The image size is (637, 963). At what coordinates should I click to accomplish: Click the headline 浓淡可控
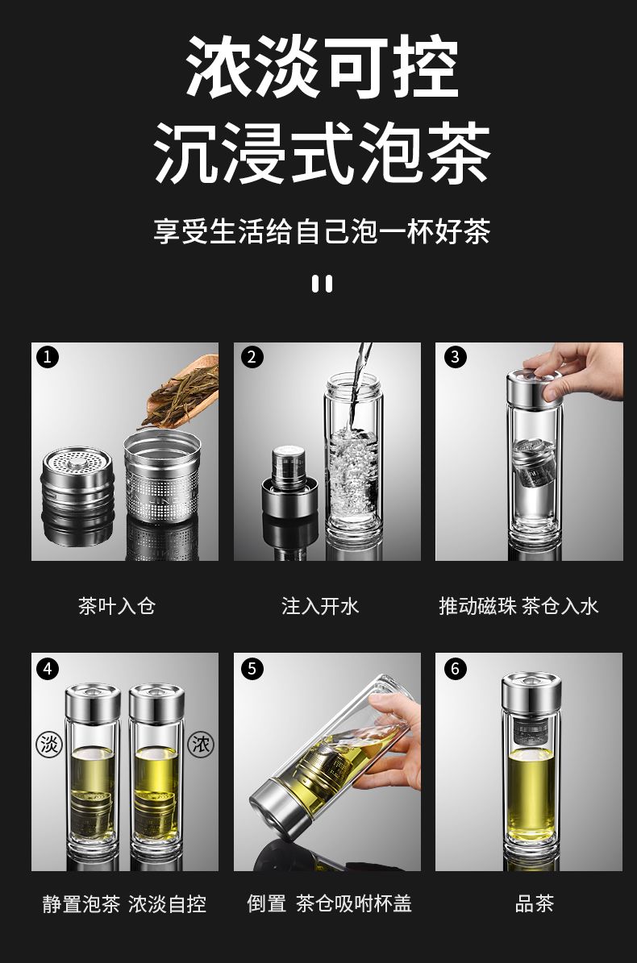click(322, 66)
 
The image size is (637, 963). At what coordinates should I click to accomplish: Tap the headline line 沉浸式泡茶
click(322, 153)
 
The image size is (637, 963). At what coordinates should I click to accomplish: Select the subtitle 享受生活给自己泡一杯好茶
click(322, 231)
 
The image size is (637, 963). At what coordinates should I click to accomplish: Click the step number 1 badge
click(48, 357)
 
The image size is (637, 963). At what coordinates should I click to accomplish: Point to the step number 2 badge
click(252, 357)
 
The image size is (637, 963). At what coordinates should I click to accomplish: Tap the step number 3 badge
click(455, 357)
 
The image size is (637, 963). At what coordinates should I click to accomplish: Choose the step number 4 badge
click(48, 668)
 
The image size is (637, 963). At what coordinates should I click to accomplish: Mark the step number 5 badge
click(252, 668)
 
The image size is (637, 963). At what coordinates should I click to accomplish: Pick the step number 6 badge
click(455, 668)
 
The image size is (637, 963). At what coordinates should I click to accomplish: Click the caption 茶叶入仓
click(117, 606)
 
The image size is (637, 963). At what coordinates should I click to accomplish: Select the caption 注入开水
click(320, 606)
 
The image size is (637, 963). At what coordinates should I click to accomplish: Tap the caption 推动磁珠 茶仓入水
click(518, 606)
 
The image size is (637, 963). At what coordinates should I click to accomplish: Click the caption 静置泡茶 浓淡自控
click(124, 904)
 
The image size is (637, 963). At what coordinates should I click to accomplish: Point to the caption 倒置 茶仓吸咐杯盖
click(329, 903)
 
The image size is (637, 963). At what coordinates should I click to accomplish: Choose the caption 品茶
click(535, 903)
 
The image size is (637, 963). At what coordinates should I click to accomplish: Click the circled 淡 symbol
click(49, 745)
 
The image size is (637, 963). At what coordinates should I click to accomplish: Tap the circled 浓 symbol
click(200, 745)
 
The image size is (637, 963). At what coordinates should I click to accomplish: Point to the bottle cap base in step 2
click(290, 499)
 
